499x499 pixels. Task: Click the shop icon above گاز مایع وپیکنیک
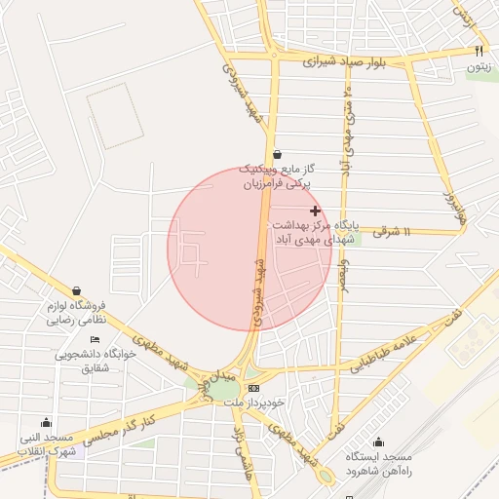coord(278,153)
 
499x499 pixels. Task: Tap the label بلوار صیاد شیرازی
coord(350,60)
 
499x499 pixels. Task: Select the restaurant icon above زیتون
coord(478,50)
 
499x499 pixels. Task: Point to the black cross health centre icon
coord(315,211)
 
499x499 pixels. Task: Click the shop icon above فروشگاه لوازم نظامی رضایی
coord(77,290)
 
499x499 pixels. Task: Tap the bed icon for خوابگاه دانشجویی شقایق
coord(95,338)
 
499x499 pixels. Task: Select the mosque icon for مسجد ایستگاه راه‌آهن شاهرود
coord(378,441)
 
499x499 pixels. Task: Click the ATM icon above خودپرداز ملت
coord(255,387)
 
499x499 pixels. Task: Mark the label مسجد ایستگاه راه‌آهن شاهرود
coord(379,463)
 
